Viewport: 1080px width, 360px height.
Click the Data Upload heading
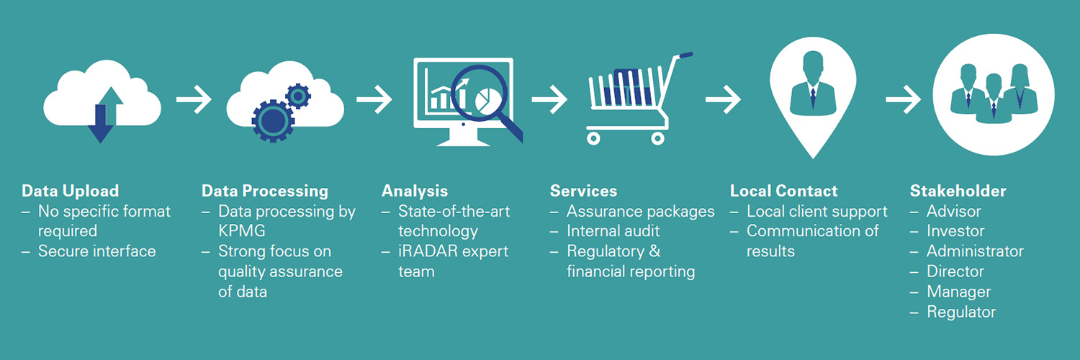click(x=70, y=191)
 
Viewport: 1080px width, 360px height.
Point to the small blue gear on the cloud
click(x=297, y=95)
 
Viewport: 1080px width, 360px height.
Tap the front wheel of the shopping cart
click(x=657, y=137)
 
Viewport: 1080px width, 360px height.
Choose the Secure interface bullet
click(x=96, y=251)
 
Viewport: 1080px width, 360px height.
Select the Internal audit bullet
click(x=613, y=231)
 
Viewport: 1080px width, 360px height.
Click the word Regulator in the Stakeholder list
click(x=961, y=312)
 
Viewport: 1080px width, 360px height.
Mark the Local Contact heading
click(x=783, y=191)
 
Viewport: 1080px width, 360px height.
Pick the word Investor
click(x=955, y=231)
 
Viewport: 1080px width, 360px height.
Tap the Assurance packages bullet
click(x=640, y=211)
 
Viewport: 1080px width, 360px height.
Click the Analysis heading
click(x=415, y=191)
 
